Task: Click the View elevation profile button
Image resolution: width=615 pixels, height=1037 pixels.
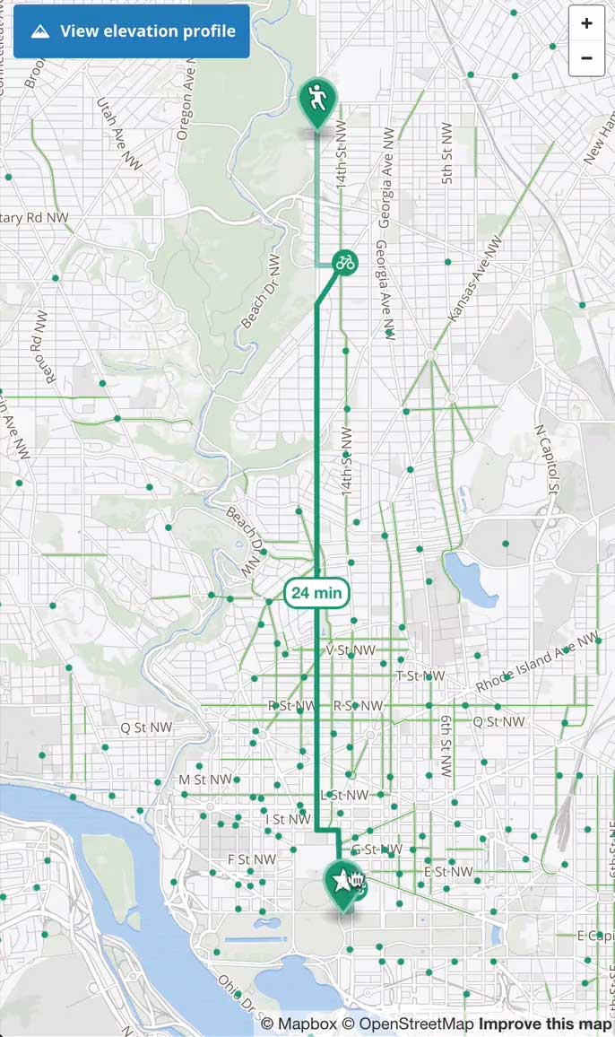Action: [x=132, y=31]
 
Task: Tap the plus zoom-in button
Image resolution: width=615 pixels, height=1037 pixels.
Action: [x=586, y=23]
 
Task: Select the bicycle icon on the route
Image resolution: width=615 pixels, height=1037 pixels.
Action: [x=344, y=262]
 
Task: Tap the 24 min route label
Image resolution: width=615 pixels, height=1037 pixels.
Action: [x=316, y=593]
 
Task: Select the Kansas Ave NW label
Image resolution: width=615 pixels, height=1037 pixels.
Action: [x=476, y=278]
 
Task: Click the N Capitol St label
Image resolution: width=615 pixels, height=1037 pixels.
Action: [x=547, y=459]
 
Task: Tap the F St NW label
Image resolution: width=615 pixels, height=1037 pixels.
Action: [x=251, y=859]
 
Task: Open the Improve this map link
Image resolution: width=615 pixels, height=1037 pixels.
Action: [x=545, y=1024]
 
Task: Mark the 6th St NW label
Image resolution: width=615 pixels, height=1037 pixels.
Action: [x=446, y=745]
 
